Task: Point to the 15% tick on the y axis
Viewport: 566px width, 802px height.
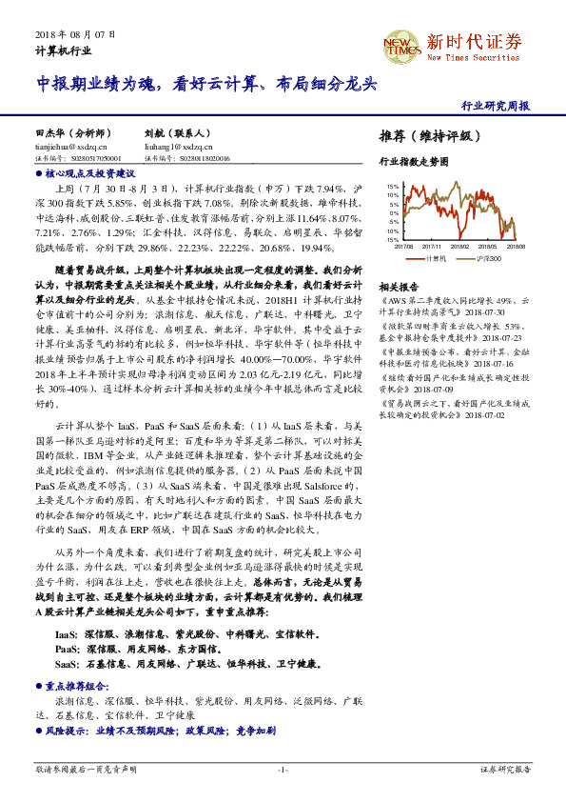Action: point(392,187)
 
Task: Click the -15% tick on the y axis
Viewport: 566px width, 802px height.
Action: point(391,240)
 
